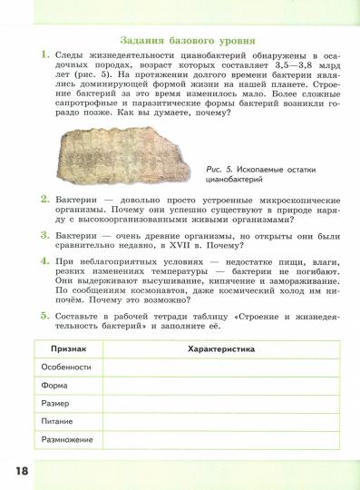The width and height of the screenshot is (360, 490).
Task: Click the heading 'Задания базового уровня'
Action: pos(187,41)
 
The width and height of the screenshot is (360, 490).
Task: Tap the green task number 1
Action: pos(44,56)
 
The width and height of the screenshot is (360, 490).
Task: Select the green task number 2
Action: pos(44,198)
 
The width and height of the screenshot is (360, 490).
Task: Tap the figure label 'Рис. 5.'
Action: pos(221,170)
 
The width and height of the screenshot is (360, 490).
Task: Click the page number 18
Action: pos(23,470)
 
